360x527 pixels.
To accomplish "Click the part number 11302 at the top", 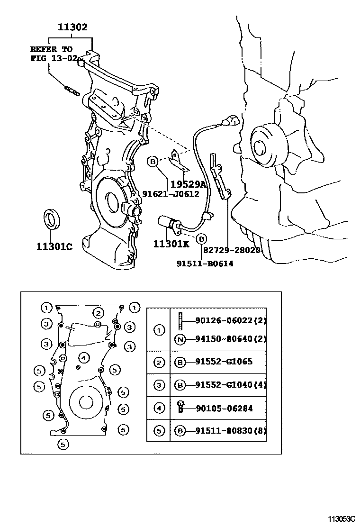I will [72, 27].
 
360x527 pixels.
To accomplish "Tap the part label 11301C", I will [54, 246].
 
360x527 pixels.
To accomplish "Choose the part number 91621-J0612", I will [171, 194].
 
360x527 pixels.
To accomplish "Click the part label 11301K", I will [171, 244].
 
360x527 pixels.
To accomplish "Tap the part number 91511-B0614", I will [205, 263].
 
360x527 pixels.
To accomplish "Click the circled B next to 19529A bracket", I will [153, 162].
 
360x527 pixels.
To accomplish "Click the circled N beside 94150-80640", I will [180, 339].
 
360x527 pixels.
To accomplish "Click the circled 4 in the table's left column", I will [159, 408].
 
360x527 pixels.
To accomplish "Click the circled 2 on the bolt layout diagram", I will [98, 313].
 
